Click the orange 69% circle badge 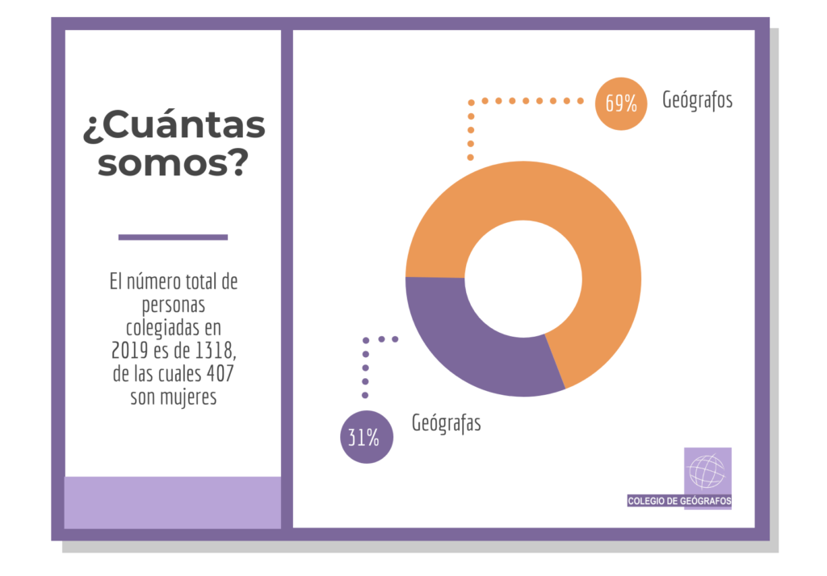(x=621, y=103)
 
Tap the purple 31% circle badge (x=366, y=438)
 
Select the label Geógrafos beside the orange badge (x=697, y=101)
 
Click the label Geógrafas (x=446, y=423)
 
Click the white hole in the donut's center (x=523, y=278)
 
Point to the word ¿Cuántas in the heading (x=174, y=127)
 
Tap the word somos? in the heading (x=173, y=164)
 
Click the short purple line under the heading (x=173, y=237)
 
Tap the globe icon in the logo (x=707, y=471)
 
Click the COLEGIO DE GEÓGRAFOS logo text (x=679, y=501)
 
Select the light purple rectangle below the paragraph (x=173, y=502)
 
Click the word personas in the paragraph (x=174, y=306)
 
